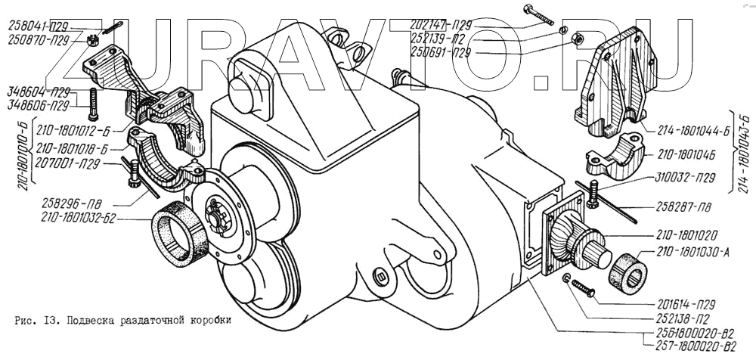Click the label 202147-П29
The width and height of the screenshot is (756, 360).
pos(441,25)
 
